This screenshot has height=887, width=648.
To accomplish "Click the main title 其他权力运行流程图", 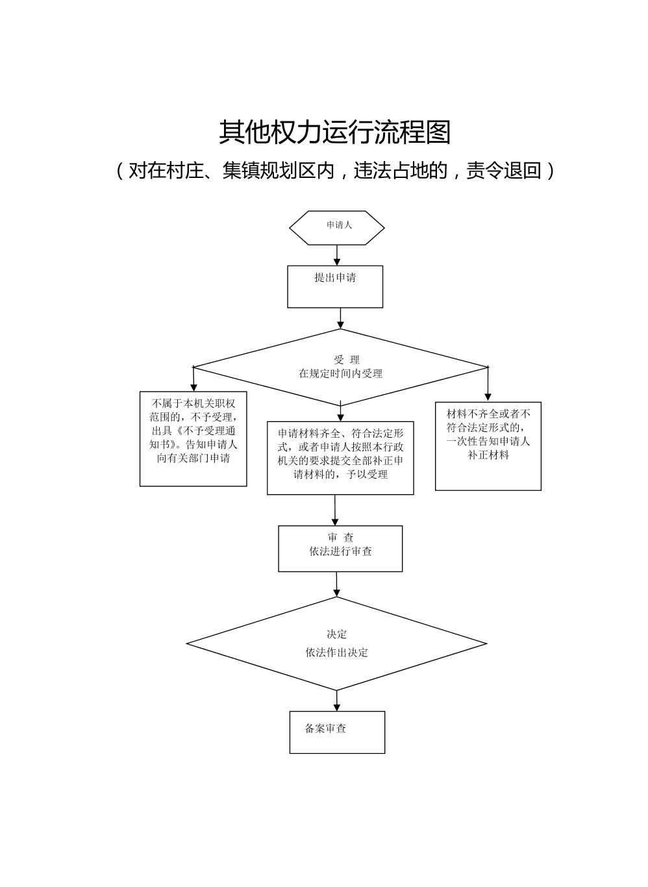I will [334, 132].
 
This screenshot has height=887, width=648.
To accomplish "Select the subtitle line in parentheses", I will [334, 171].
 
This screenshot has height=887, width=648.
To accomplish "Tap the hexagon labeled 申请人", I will [337, 227].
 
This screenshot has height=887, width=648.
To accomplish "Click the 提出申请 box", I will [335, 286].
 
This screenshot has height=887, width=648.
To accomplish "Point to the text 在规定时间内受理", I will [340, 374].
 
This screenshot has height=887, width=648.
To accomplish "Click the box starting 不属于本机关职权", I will [193, 438].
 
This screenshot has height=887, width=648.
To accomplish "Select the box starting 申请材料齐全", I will [340, 458].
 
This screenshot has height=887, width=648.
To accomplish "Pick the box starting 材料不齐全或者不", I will [488, 446].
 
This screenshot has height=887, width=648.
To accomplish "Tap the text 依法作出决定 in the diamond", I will [337, 653].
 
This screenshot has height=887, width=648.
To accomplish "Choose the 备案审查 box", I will [337, 732].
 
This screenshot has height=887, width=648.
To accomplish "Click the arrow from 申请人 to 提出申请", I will [337, 255].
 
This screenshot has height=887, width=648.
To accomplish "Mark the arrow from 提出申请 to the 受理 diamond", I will [340, 318].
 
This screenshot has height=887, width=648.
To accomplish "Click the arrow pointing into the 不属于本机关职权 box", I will [193, 379].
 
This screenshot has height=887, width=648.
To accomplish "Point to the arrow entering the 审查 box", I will [335, 510].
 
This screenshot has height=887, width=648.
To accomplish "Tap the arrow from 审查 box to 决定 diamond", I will [336, 584].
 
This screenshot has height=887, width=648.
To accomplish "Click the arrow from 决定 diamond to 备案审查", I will [337, 701].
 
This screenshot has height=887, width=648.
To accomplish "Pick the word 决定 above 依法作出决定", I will [337, 634].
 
